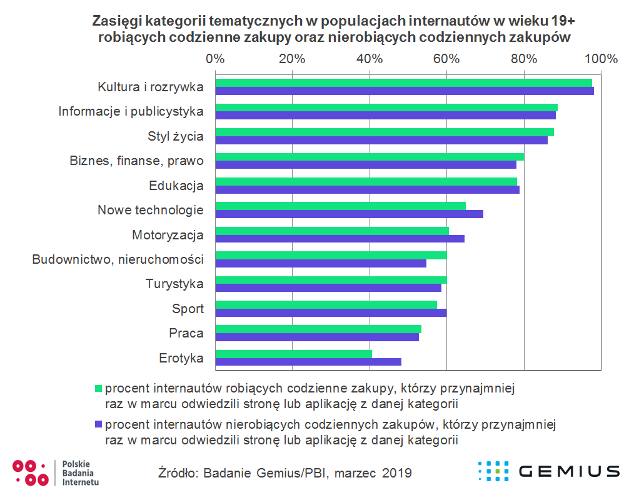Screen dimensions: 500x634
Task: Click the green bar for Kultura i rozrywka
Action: tap(403, 82)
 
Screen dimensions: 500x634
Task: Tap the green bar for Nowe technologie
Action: tap(341, 206)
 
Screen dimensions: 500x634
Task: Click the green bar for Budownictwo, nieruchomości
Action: tap(331, 255)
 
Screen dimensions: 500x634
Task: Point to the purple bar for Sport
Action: tap(331, 312)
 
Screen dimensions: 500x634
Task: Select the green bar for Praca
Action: tap(318, 329)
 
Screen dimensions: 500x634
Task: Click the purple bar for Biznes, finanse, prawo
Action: tap(366, 165)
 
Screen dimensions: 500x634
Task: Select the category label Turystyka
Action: tap(174, 284)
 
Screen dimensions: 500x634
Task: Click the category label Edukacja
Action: tap(176, 186)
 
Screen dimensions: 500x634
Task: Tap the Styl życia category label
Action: tap(176, 136)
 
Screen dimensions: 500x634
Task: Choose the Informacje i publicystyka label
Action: tap(131, 112)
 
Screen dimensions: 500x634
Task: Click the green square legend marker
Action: tap(98, 388)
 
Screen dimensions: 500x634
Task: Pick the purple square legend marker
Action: tap(98, 425)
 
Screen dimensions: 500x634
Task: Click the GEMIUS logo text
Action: tap(569, 471)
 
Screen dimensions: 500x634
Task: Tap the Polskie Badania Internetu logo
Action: tap(56, 472)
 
